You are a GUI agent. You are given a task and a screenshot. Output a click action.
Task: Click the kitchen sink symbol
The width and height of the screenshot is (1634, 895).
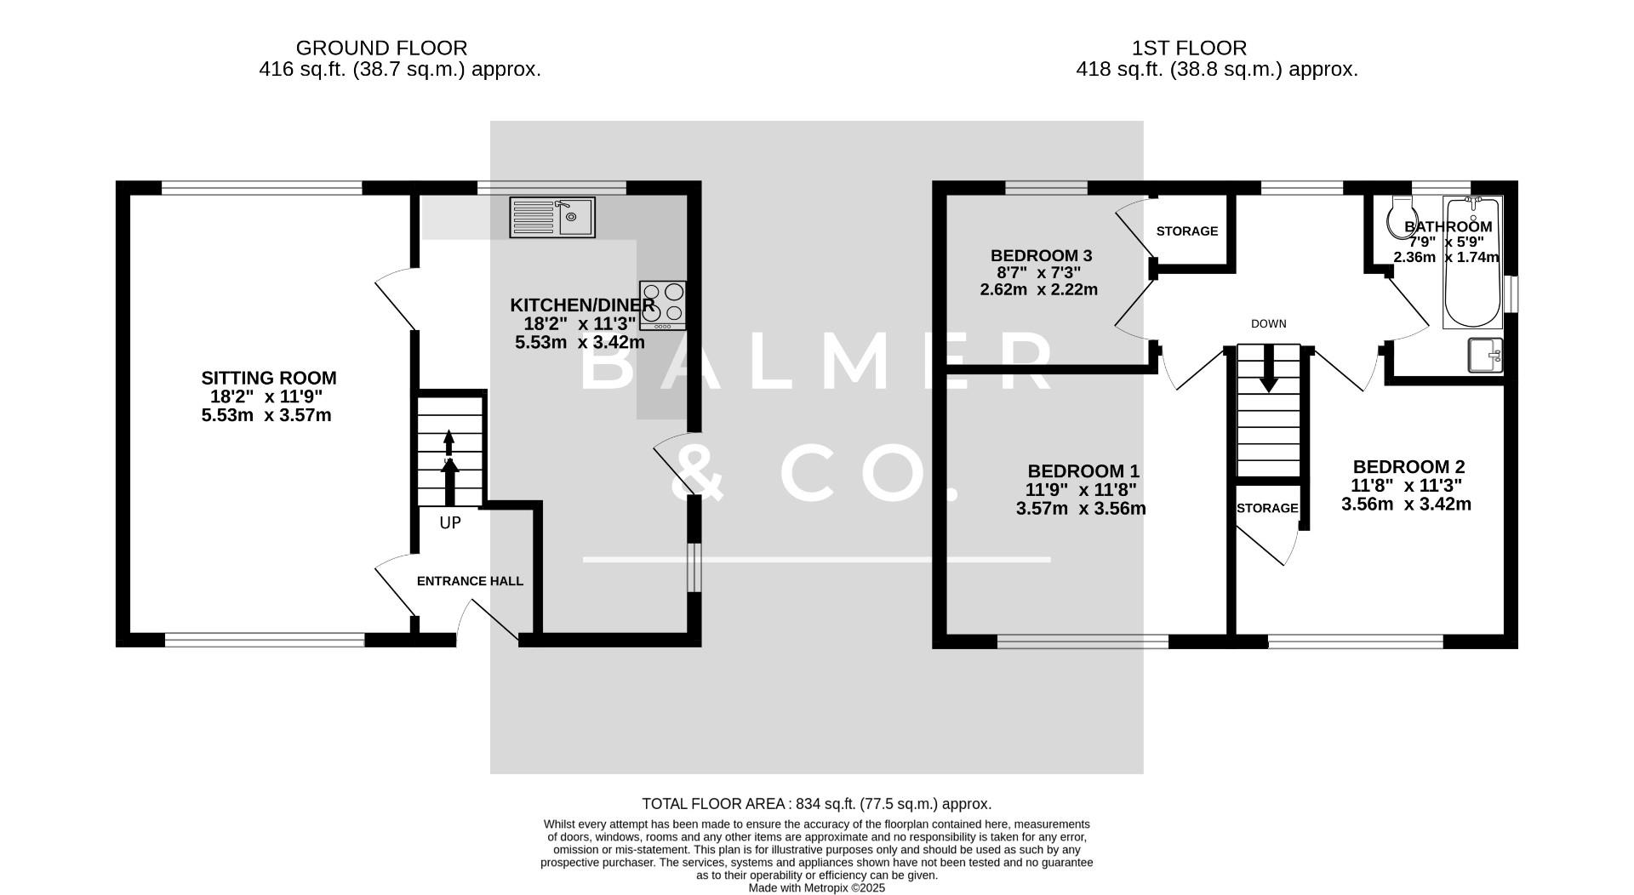pyautogui.click(x=551, y=217)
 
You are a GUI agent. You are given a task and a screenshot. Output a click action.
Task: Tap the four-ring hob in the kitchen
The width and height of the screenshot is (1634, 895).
pyautogui.click(x=663, y=305)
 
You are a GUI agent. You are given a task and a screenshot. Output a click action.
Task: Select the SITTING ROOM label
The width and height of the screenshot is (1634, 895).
pyautogui.click(x=268, y=378)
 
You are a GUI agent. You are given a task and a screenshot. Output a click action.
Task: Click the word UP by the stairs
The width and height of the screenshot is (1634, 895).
pyautogui.click(x=450, y=522)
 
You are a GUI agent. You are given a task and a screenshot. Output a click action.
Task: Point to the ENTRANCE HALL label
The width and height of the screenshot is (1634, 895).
pyautogui.click(x=470, y=581)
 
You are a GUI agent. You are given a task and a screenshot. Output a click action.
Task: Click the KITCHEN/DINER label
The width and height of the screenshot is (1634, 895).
pyautogui.click(x=582, y=305)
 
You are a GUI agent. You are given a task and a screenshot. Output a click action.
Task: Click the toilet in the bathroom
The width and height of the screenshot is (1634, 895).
pyautogui.click(x=1400, y=218)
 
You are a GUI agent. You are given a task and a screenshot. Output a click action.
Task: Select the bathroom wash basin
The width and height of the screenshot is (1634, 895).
pyautogui.click(x=1486, y=356)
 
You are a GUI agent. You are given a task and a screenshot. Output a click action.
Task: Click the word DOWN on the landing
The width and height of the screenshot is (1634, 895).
pyautogui.click(x=1268, y=323)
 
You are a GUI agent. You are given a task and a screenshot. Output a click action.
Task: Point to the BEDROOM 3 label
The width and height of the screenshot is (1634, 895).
pyautogui.click(x=1041, y=255)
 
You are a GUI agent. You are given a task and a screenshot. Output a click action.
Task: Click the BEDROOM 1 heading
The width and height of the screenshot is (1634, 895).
pyautogui.click(x=1083, y=470)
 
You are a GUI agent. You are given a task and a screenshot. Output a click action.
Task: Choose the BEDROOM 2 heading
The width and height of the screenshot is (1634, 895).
pyautogui.click(x=1408, y=466)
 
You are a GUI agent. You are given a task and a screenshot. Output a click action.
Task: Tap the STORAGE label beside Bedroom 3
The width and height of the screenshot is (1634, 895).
pyautogui.click(x=1186, y=231)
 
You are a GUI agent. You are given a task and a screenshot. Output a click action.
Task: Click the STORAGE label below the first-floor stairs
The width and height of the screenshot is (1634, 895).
pyautogui.click(x=1267, y=508)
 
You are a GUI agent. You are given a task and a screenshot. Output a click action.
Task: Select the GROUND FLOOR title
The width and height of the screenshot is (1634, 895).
pyautogui.click(x=381, y=48)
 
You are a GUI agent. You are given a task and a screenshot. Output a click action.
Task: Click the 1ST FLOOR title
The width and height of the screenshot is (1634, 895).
pyautogui.click(x=1189, y=48)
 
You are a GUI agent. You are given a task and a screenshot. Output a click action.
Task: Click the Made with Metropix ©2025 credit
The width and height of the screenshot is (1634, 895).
pyautogui.click(x=816, y=887)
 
